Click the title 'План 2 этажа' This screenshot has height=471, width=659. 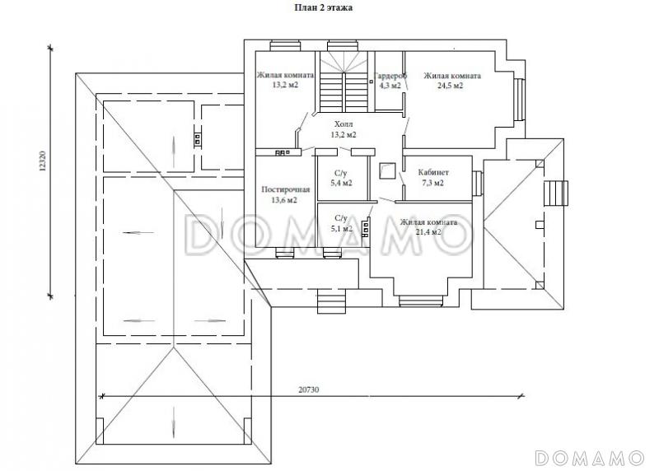tap(323, 7)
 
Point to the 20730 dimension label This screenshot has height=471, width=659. tap(309, 389)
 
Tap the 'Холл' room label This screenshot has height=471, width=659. tap(344, 124)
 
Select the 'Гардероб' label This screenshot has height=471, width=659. tap(390, 76)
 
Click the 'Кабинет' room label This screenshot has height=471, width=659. tap(433, 172)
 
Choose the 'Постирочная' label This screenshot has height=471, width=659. tap(285, 189)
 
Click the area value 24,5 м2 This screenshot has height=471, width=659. tap(450, 86)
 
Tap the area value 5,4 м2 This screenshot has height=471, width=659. tap(341, 183)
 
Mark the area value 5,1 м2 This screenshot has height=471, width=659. tap(341, 229)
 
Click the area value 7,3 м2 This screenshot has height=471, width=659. tap(433, 183)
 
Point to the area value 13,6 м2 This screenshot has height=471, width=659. tap(284, 200)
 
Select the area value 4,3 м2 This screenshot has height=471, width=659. tap(390, 86)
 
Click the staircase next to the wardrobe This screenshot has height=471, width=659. tap(344, 82)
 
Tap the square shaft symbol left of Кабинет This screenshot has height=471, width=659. tap(387, 171)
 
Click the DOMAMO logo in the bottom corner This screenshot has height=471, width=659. tap(589, 458)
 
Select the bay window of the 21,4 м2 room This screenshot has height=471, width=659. tap(421, 301)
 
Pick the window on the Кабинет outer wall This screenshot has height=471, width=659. tap(477, 183)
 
